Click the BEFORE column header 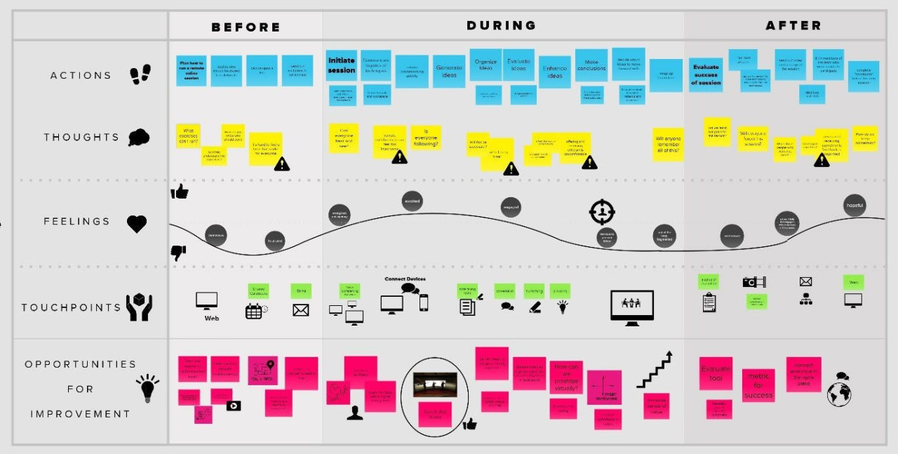coord(246,27)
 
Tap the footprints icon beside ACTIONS coord(140,74)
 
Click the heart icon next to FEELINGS coord(137,224)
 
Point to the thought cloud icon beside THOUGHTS coord(139,138)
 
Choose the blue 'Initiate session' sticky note coord(342,66)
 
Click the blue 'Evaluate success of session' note coord(705,75)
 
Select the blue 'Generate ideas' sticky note coord(449,72)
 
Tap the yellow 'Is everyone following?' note coord(425,137)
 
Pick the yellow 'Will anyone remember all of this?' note coord(667,145)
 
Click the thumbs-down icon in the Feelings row coord(178,253)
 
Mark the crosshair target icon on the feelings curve coord(602,211)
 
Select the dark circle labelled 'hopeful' coord(855,206)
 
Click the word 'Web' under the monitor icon coord(212,318)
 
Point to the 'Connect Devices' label coord(405,279)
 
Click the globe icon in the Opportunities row coord(839,394)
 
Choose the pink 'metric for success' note coord(758,385)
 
